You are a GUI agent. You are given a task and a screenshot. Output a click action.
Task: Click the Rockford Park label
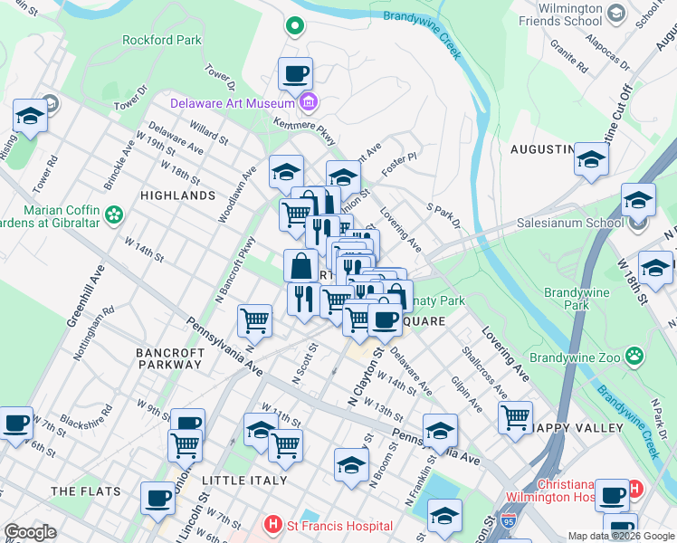[x=163, y=41]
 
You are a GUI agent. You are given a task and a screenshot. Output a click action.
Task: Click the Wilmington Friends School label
[x=590, y=14]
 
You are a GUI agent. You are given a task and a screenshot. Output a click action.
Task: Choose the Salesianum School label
[x=567, y=223]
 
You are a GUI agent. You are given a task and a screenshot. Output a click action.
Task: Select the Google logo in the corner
[x=30, y=532]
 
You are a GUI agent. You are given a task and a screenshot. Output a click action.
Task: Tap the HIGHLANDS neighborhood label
[x=178, y=195]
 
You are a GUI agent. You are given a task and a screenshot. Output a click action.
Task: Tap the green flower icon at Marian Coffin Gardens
[x=114, y=214]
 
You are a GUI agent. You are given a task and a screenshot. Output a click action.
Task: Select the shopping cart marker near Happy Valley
[x=515, y=417]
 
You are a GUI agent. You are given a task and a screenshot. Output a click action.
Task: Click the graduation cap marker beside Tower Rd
[x=31, y=116]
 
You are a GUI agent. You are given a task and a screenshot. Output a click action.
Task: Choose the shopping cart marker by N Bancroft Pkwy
[x=255, y=319]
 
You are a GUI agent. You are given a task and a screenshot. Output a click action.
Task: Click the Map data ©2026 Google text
[x=620, y=536]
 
